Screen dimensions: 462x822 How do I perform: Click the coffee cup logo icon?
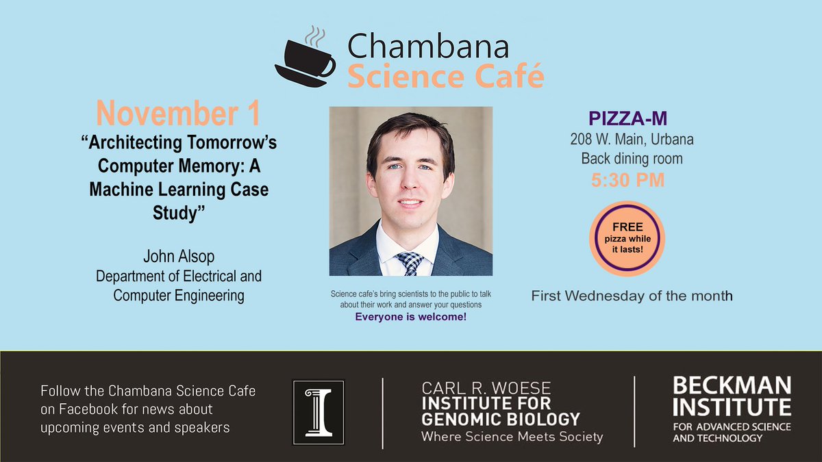[x=305, y=58]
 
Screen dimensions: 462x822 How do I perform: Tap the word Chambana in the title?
[x=428, y=47]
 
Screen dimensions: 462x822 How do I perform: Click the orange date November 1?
[x=178, y=114]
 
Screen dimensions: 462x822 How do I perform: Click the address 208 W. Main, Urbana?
[x=632, y=140]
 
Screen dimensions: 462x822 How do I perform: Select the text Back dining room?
[x=632, y=159]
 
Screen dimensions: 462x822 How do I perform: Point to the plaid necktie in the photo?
[x=411, y=263]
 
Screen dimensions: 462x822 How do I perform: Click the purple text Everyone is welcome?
[x=410, y=317]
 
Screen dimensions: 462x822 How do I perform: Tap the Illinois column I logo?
[x=318, y=408]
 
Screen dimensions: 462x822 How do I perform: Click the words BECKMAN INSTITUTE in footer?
[x=732, y=396]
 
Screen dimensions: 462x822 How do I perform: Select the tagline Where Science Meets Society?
[x=512, y=436]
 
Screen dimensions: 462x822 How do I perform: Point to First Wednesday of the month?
[x=632, y=296]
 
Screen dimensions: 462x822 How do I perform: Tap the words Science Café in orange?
[x=445, y=76]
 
